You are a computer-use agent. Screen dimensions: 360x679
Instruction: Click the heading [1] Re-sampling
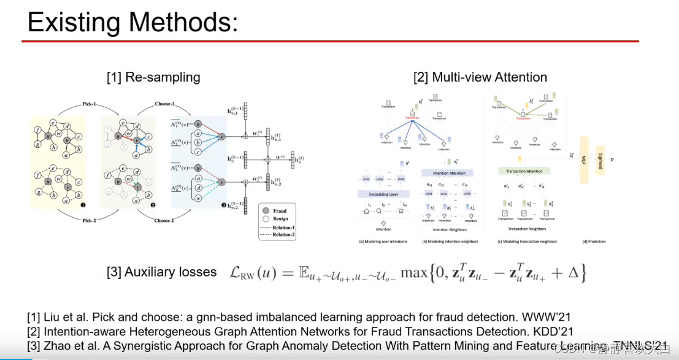153,77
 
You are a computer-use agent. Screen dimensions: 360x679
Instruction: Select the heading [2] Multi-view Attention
480,77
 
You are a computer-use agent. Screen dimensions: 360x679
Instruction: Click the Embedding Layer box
383,194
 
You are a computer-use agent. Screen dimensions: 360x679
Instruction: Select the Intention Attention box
449,174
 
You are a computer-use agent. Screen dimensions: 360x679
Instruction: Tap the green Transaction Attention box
523,171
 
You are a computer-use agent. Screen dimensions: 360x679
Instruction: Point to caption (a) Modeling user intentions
383,241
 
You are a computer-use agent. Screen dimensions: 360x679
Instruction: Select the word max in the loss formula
413,272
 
